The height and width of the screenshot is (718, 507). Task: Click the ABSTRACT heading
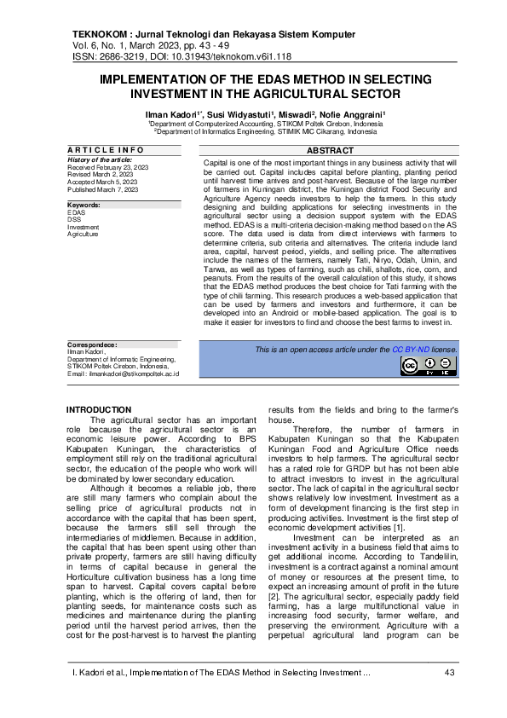click(330, 150)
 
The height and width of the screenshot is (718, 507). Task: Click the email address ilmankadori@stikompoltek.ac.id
click(135, 373)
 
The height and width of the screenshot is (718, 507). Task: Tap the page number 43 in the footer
click(449, 674)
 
